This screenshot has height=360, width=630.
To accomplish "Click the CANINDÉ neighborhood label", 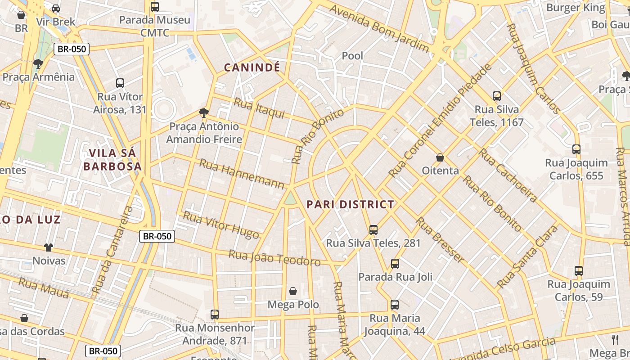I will pyautogui.click(x=252, y=67).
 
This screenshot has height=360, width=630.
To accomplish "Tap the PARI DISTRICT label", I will pyautogui.click(x=350, y=204).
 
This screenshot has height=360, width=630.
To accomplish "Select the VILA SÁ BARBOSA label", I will pyautogui.click(x=112, y=160).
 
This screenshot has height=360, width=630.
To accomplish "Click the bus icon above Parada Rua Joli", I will pyautogui.click(x=395, y=264).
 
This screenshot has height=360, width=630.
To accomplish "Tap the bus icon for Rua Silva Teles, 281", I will pyautogui.click(x=373, y=230).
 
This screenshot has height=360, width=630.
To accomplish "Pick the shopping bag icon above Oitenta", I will pyautogui.click(x=440, y=157).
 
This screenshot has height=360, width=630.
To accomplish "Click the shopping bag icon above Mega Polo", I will pyautogui.click(x=293, y=292).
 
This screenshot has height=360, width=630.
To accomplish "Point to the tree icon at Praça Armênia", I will pyautogui.click(x=38, y=63).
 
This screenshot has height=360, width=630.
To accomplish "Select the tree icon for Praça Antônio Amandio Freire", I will pyautogui.click(x=204, y=112).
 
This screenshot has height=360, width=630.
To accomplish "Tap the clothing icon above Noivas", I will pyautogui.click(x=49, y=247).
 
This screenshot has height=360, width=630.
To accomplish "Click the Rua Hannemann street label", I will pyautogui.click(x=242, y=174).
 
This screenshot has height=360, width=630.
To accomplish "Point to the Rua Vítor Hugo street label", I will pyautogui.click(x=221, y=225).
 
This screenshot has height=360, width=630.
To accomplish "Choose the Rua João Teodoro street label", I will pyautogui.click(x=274, y=257).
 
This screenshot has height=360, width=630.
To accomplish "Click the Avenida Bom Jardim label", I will pyautogui.click(x=379, y=28).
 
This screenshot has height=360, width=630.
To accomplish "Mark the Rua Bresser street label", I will pyautogui.click(x=439, y=240).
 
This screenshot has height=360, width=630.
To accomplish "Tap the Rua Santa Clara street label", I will pyautogui.click(x=527, y=257).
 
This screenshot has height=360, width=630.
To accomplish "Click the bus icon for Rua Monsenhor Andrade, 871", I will pyautogui.click(x=215, y=314).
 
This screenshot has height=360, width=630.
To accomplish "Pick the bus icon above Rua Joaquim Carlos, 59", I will pyautogui.click(x=578, y=271).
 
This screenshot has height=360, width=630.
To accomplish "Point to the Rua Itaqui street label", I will pyautogui.click(x=259, y=108).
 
